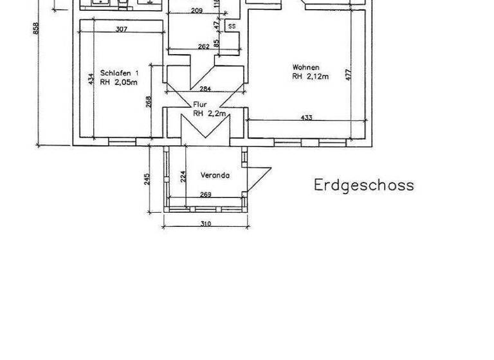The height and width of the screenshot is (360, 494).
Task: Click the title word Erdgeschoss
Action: click(x=364, y=185)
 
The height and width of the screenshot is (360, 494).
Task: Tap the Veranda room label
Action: click(x=215, y=175)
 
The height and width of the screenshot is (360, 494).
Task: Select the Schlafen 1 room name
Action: click(x=119, y=73)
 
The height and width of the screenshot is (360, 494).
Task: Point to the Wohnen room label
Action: click(x=306, y=67)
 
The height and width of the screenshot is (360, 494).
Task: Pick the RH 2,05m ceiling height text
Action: click(x=119, y=82)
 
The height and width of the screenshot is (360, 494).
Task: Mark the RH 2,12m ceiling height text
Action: click(x=310, y=76)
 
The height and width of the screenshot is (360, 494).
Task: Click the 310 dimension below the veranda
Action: click(x=205, y=224)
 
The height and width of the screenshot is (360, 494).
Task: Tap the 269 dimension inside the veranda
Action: click(x=205, y=195)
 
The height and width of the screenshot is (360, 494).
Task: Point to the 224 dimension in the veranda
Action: click(x=183, y=175)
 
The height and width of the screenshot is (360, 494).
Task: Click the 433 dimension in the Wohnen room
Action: click(x=306, y=117)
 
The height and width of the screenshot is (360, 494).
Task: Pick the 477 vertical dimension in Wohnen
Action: click(x=348, y=74)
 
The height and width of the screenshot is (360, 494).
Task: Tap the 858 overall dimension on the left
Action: click(x=37, y=29)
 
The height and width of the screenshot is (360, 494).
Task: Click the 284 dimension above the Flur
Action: click(x=205, y=88)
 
